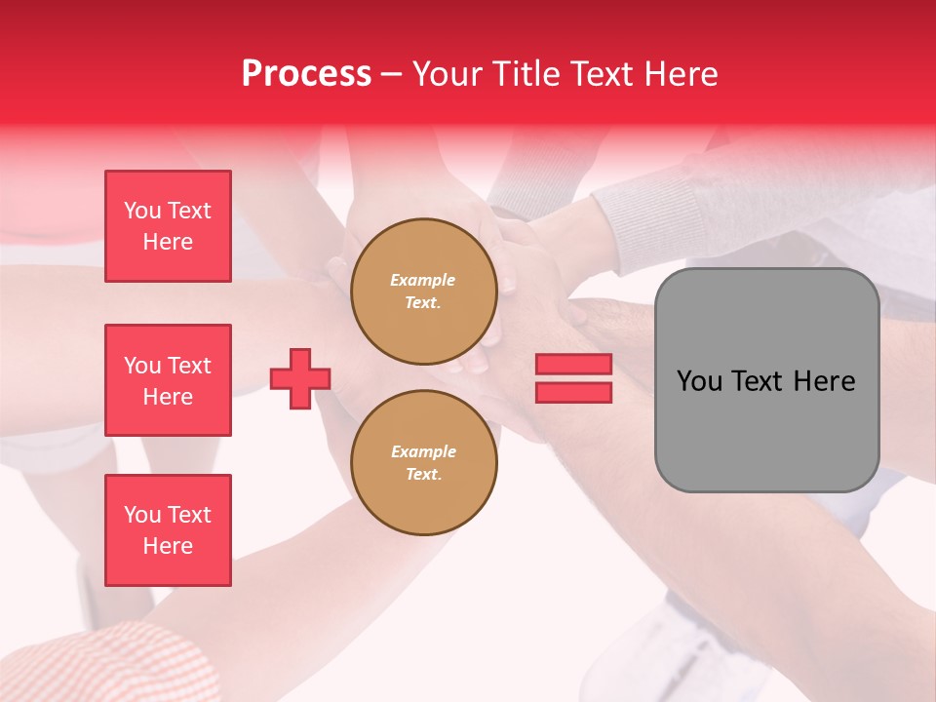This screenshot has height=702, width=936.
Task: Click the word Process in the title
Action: coord(306,73)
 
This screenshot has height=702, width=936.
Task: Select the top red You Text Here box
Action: coord(168,226)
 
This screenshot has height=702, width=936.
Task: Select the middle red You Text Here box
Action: coord(168,380)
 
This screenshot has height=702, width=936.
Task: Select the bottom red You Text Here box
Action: coord(168,530)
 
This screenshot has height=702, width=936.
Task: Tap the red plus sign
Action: coord(300,378)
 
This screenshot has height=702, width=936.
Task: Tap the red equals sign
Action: coord(573,378)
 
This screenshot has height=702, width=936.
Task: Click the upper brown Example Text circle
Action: coord(423,292)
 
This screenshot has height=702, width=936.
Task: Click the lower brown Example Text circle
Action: coord(423,463)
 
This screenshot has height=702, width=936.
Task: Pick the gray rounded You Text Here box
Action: coord(766,380)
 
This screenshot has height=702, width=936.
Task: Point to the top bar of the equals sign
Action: coord(573,365)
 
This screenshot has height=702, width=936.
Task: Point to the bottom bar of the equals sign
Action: coord(573,392)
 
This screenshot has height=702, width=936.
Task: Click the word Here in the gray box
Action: coord(825,381)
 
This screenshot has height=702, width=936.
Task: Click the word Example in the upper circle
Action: coord(423,280)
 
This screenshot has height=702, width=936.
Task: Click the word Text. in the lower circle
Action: coord(423,475)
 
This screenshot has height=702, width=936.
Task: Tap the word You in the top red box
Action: coord(141,211)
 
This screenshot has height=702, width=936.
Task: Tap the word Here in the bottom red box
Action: coord(168,546)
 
